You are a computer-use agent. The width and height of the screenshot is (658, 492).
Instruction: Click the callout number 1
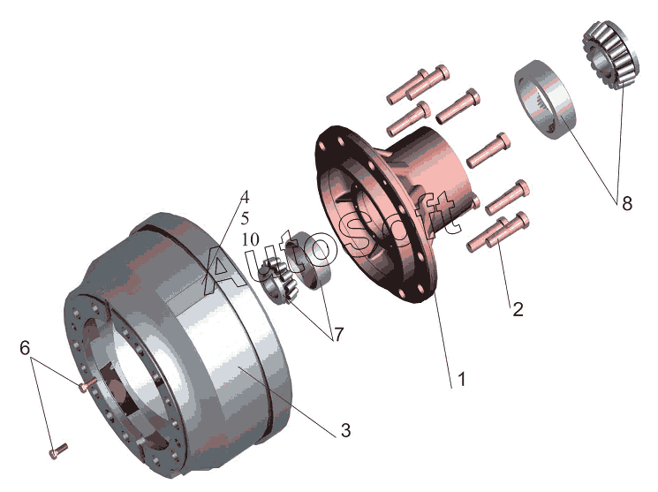click(x=462, y=379)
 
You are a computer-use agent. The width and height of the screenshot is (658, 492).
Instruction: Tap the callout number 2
click(x=518, y=309)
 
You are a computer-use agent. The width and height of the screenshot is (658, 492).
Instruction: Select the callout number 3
click(x=346, y=430)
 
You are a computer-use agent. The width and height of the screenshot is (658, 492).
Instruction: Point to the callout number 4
click(x=245, y=196)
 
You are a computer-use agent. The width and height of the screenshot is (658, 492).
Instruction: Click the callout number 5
click(x=245, y=218)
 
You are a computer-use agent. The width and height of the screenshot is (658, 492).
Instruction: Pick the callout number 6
click(x=26, y=348)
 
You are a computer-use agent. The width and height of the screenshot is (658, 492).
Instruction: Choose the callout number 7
click(x=338, y=335)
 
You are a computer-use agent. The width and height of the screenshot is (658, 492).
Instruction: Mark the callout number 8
click(x=627, y=203)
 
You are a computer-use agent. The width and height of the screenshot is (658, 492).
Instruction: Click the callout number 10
click(x=251, y=239)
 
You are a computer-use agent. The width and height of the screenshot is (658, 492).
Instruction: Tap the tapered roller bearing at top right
click(x=611, y=55)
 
